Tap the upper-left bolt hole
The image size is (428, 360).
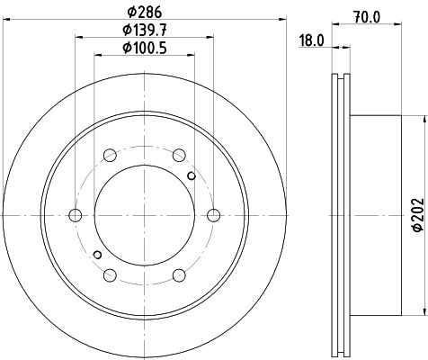tap(109, 154)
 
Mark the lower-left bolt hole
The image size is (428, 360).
tap(109, 274)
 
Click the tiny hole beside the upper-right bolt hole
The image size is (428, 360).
tap(191, 175)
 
